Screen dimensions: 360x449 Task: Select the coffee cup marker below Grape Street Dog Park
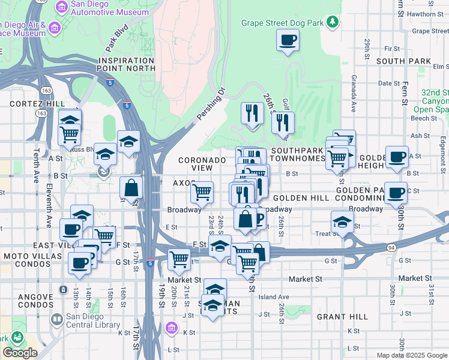(288, 41)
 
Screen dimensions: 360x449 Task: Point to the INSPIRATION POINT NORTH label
(127, 65)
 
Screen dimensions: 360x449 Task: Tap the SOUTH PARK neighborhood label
(403, 61)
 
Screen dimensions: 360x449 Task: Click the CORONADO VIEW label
(202, 164)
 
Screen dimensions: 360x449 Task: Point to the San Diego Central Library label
(93, 321)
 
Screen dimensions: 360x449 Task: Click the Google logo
(20, 352)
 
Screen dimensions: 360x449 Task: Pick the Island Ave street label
(274, 296)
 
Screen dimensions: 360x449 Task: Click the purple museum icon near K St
(172, 328)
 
